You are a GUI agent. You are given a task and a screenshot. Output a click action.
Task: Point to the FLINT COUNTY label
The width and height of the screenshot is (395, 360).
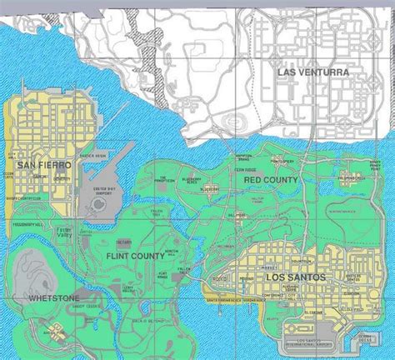click(136, 256)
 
